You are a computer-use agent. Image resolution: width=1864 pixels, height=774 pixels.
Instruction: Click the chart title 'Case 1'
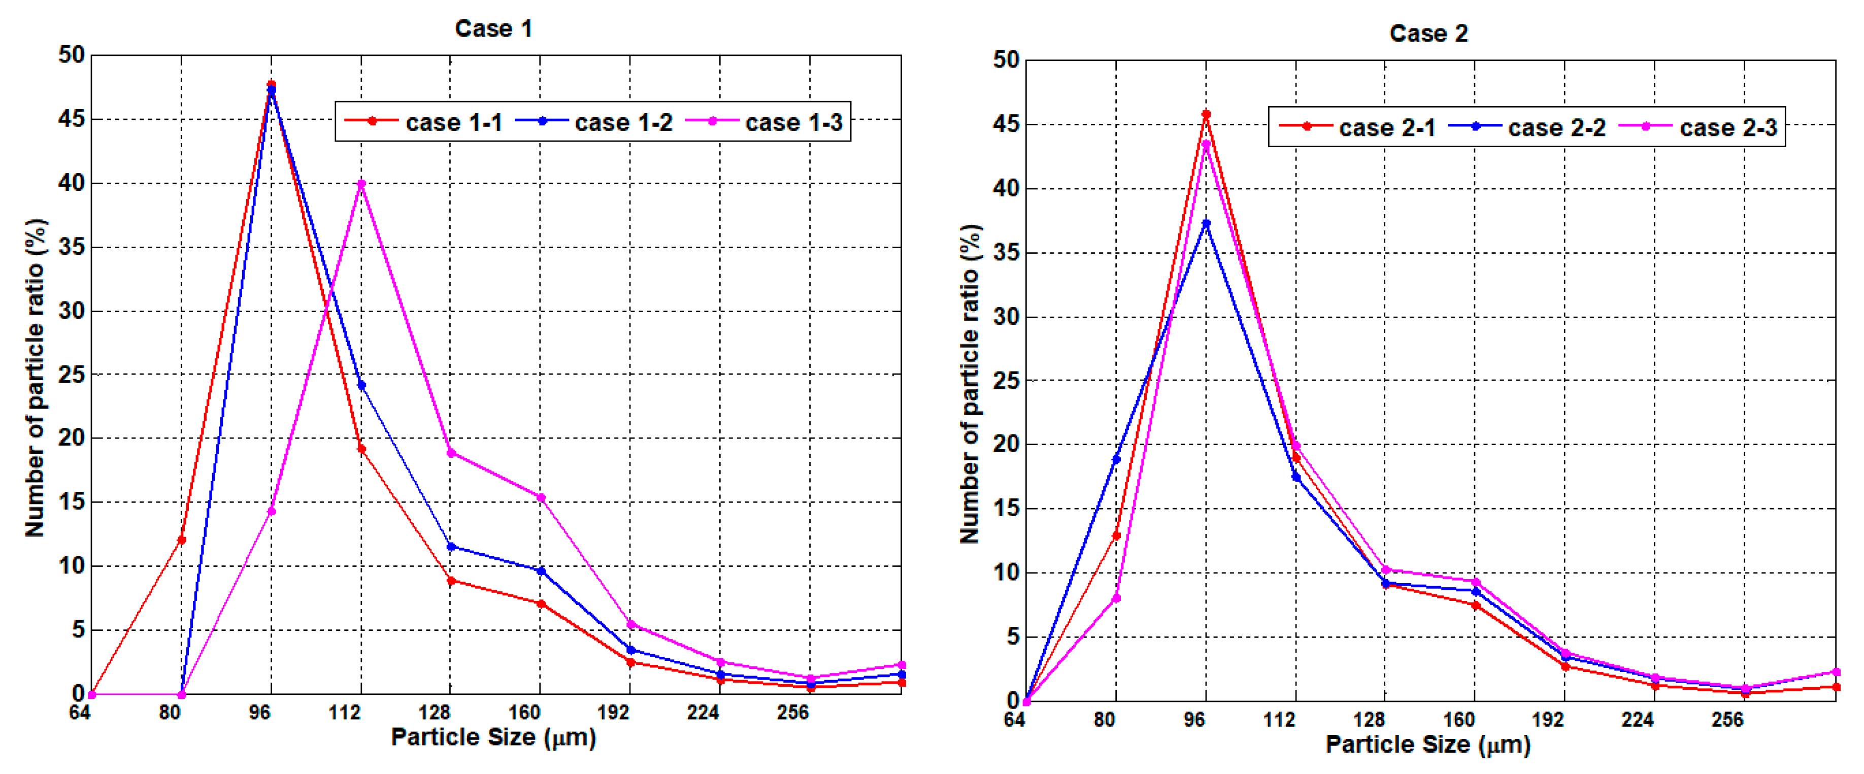(493, 29)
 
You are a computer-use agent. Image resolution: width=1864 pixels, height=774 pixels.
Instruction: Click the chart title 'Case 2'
(1428, 33)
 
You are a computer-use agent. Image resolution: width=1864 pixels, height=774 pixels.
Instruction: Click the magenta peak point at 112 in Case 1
(361, 184)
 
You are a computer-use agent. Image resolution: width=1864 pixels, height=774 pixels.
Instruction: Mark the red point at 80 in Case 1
(182, 540)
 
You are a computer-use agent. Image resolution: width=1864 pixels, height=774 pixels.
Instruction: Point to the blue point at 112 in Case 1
(361, 385)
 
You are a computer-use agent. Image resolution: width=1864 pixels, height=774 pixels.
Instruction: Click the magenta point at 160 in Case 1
(541, 498)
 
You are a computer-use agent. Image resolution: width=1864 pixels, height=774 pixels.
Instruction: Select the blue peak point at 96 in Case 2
(1206, 223)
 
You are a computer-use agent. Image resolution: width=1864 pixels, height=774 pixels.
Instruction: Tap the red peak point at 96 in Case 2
(1206, 114)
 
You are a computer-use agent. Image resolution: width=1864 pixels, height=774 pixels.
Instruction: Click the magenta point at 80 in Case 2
(1116, 598)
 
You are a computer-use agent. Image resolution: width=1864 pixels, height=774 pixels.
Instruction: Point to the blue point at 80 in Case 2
(1116, 459)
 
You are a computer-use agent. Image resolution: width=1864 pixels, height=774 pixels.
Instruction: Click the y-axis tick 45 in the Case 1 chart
(71, 119)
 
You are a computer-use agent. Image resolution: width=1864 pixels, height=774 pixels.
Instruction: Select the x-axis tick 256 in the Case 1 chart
(792, 713)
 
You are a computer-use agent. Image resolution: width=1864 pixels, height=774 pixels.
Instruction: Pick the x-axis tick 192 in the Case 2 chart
(1547, 720)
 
